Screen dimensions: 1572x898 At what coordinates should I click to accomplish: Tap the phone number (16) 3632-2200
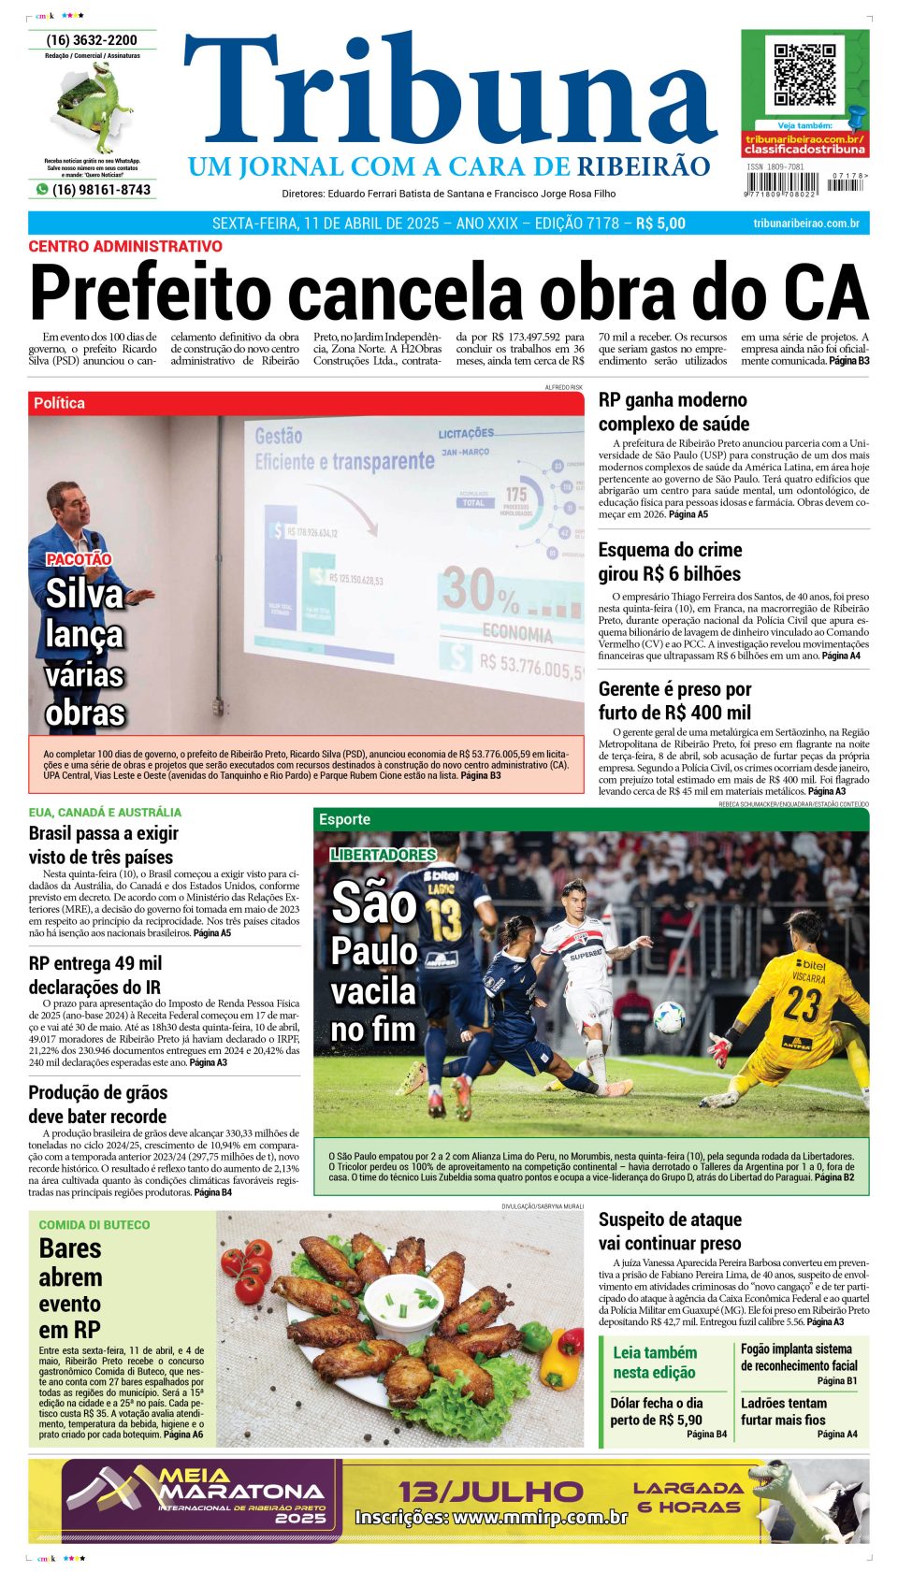tap(92, 40)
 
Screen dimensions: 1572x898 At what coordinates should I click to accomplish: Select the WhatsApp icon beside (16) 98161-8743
tap(41, 190)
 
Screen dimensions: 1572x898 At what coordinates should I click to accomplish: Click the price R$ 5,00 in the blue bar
tap(660, 224)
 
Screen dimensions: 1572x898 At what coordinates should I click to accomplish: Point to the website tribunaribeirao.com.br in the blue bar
tap(805, 224)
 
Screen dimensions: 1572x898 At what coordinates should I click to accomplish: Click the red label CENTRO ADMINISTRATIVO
tap(125, 246)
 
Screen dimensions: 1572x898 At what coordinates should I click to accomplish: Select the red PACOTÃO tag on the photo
tap(79, 559)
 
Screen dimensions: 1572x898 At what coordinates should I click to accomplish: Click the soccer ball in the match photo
tap(669, 1017)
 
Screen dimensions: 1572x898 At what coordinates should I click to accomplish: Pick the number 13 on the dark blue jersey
tap(444, 919)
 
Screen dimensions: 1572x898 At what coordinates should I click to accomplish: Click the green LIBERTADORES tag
tap(384, 855)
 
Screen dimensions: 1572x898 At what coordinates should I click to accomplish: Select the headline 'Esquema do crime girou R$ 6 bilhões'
tap(670, 562)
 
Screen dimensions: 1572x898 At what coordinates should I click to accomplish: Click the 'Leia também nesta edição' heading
tap(654, 1363)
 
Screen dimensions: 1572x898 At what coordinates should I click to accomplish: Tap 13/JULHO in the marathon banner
tap(491, 1491)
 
